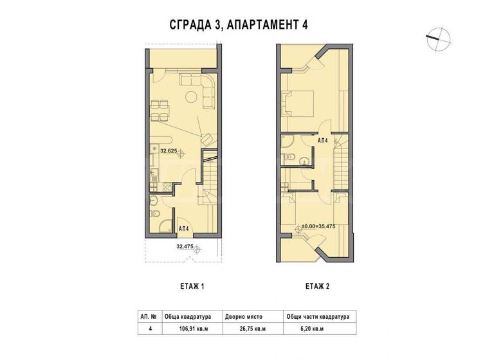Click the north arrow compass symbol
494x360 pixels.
435,37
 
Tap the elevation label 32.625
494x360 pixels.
169,152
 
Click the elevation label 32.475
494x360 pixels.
185,246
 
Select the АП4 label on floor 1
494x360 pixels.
183,228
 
